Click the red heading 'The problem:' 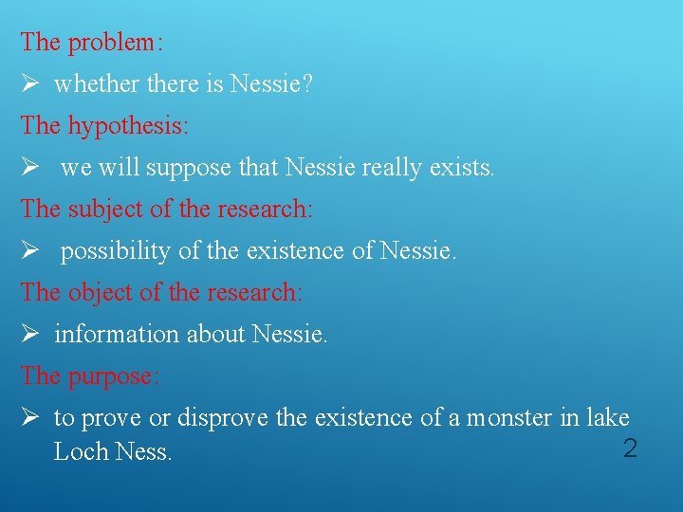click(92, 43)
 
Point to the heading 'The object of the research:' click(161, 293)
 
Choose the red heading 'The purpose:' click(90, 376)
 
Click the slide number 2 click(629, 448)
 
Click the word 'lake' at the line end click(607, 418)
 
